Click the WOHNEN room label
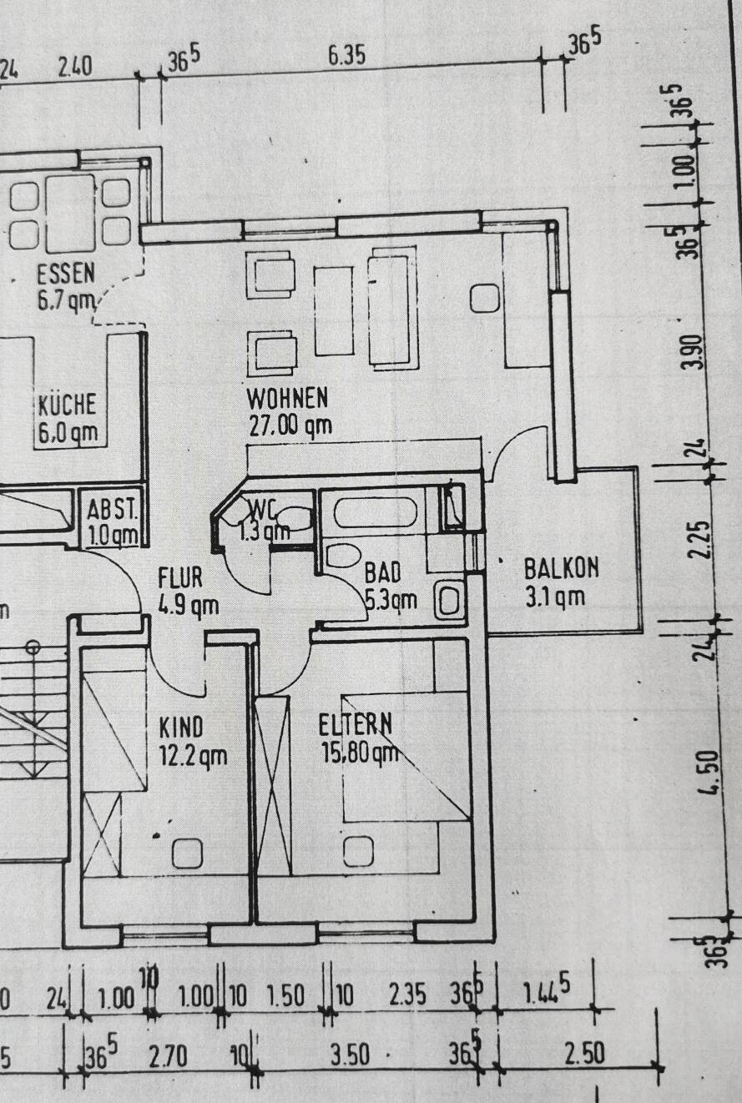coord(287,396)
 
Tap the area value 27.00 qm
coord(290,426)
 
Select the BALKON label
coord(561,568)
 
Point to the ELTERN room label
coord(356,724)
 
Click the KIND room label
coord(181,728)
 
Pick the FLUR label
coord(180,577)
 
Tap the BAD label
coord(383,572)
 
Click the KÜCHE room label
coord(67,405)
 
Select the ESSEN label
coord(66,274)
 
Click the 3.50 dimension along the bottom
coord(349,1055)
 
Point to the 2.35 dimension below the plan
coord(408,995)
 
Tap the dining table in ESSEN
coord(70,213)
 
